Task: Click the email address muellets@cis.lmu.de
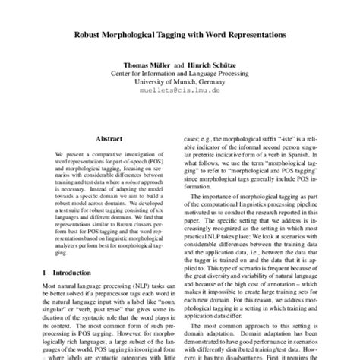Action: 179,88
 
